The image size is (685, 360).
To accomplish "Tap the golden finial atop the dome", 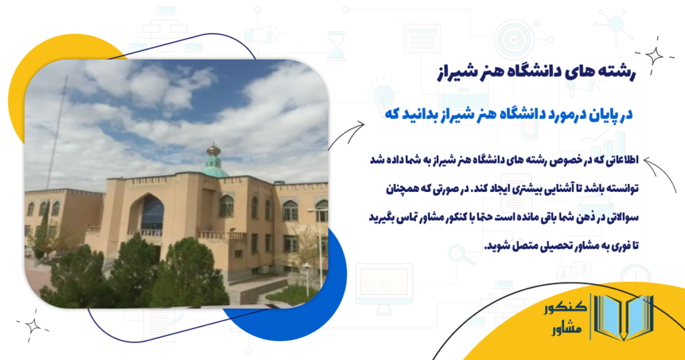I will pyautogui.click(x=214, y=149).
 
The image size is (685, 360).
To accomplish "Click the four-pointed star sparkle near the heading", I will pyautogui.click(x=653, y=56).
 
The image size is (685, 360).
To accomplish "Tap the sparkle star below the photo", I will pyautogui.click(x=31, y=327).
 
